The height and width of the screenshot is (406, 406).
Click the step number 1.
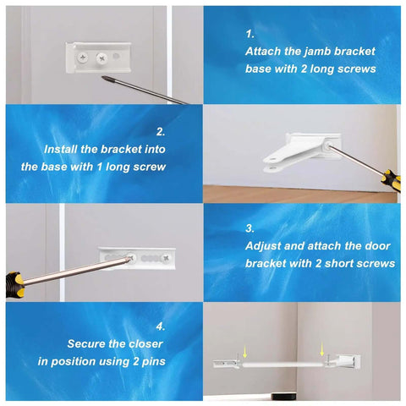(x=250, y=35)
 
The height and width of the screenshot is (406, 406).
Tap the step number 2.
(x=161, y=131)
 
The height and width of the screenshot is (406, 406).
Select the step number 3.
(x=250, y=228)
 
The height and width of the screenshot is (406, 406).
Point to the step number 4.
(x=161, y=326)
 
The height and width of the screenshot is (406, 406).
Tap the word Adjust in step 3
(x=265, y=246)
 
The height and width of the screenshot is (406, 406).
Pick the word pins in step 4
(x=151, y=361)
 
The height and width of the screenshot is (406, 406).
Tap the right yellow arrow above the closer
(x=322, y=347)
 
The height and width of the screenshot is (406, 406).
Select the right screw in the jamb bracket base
(x=102, y=58)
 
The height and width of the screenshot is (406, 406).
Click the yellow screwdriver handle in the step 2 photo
(x=388, y=179)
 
